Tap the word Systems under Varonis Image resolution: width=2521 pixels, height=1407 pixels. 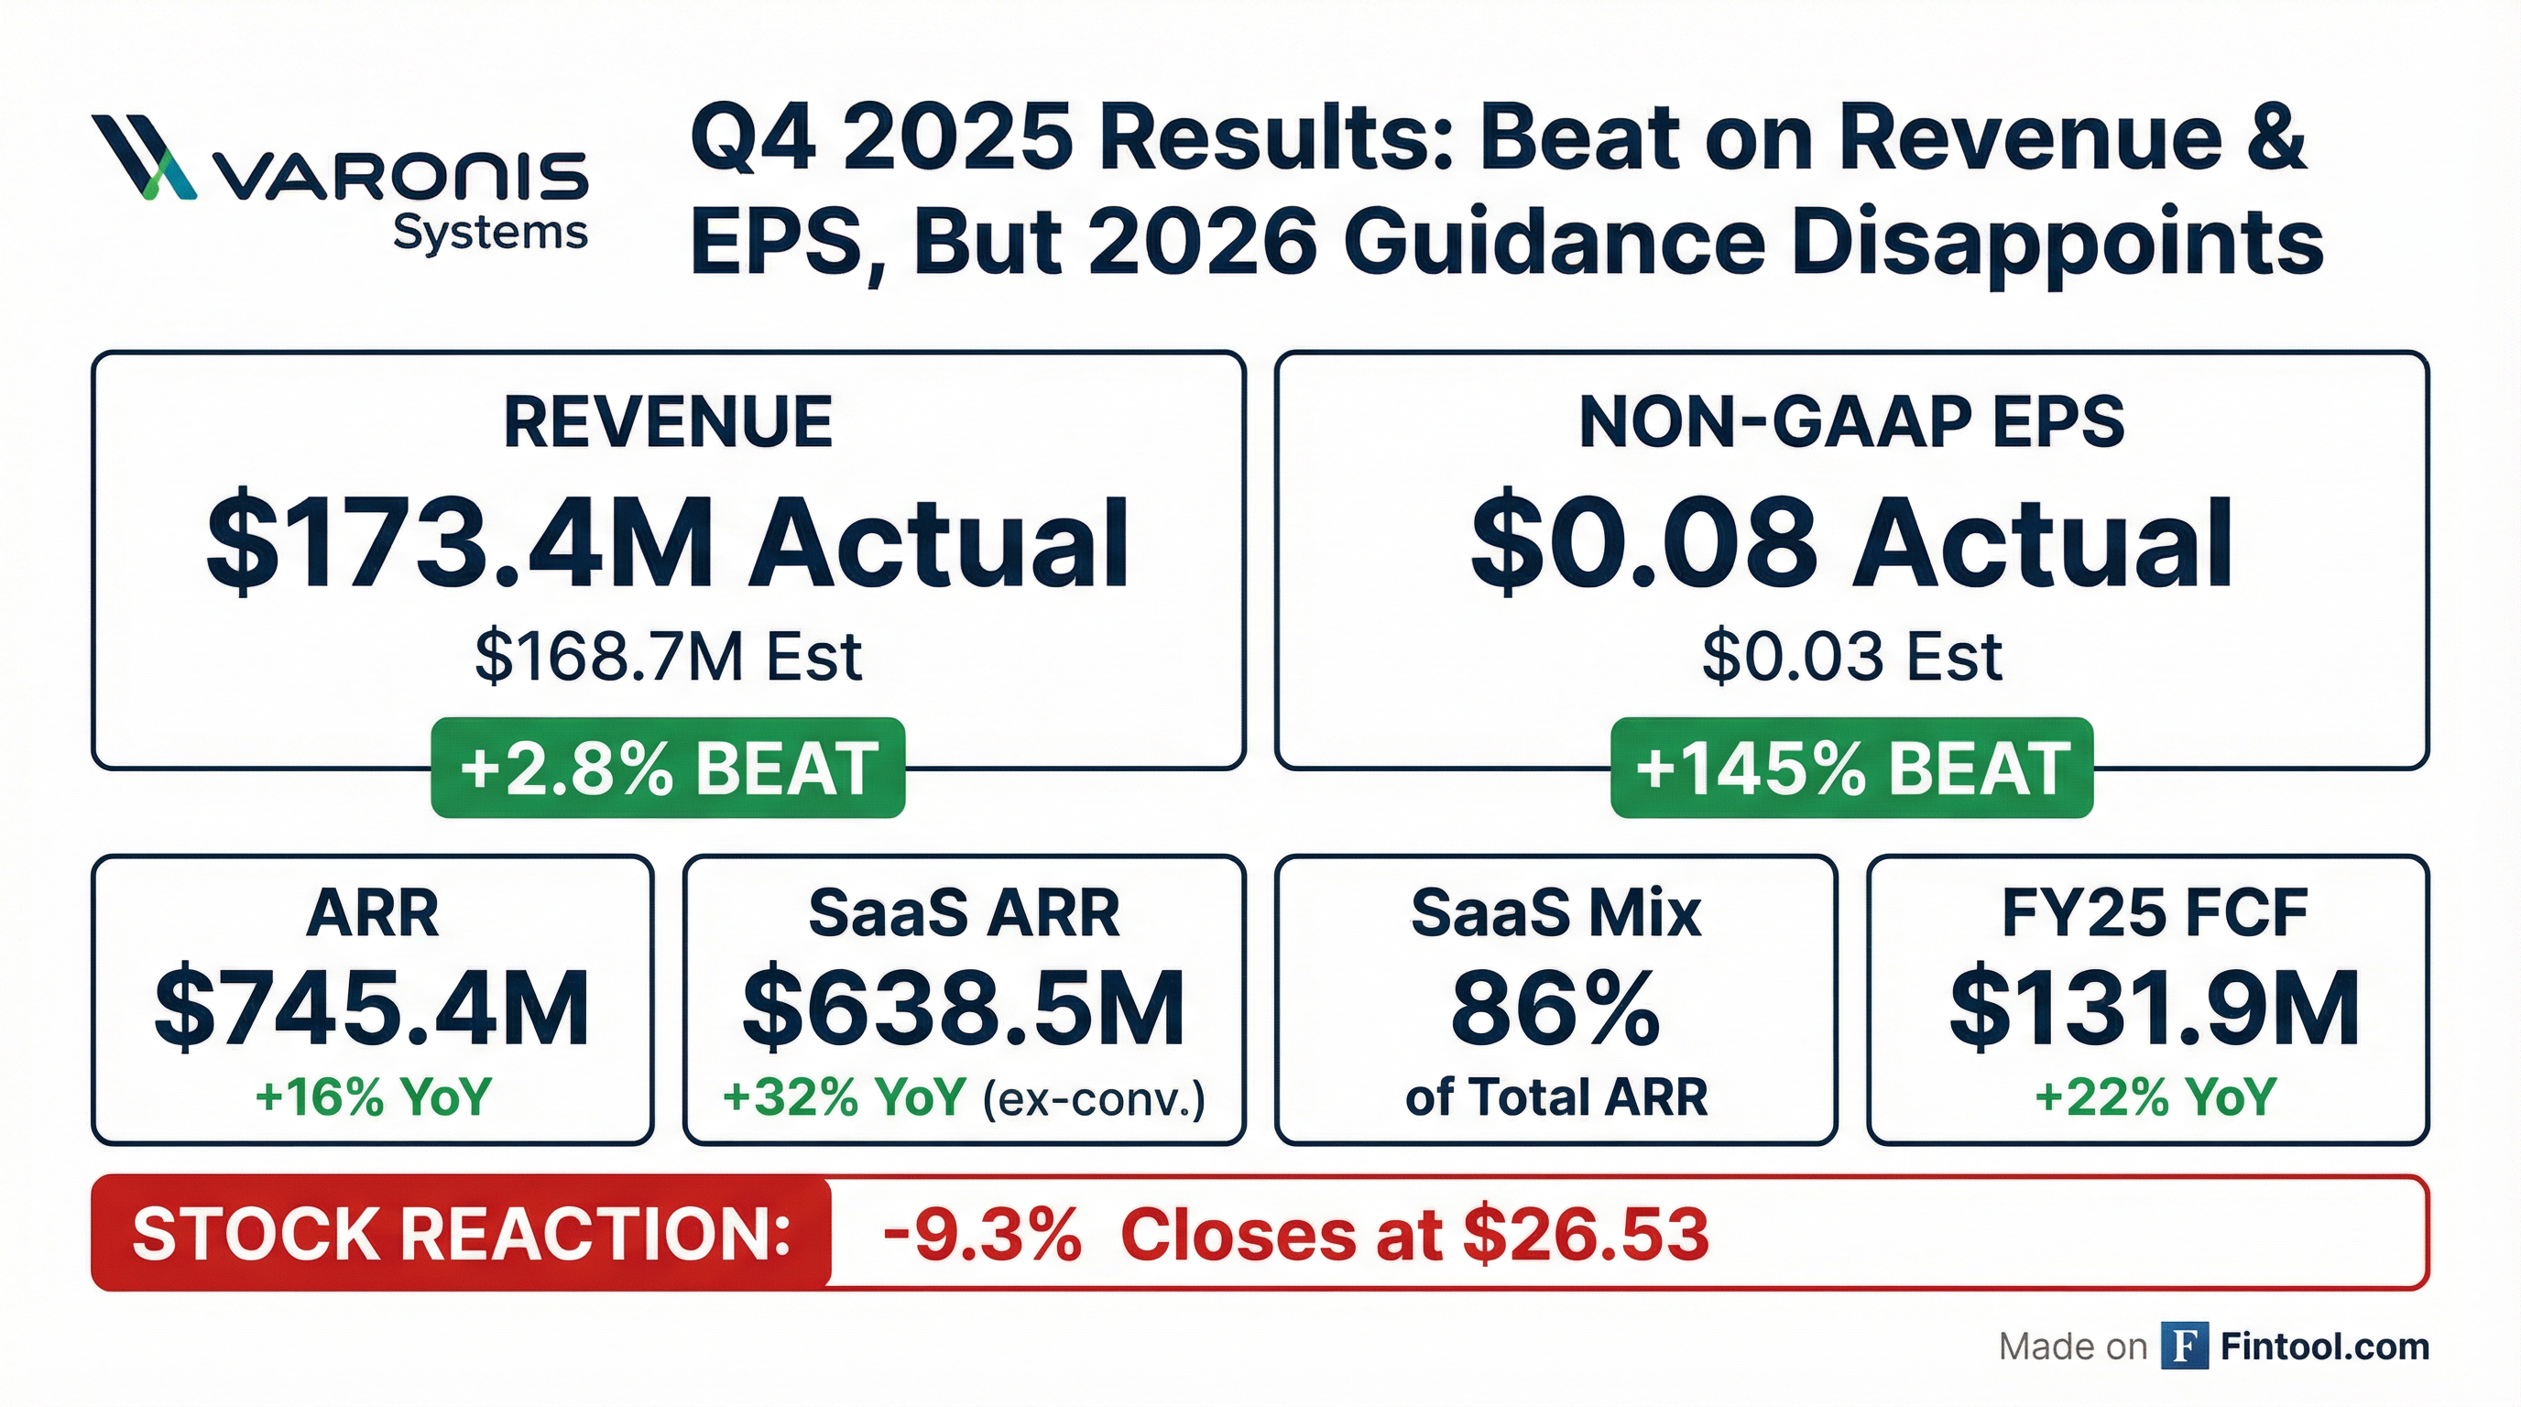click(x=489, y=234)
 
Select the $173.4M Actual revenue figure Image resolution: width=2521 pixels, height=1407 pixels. click(x=668, y=544)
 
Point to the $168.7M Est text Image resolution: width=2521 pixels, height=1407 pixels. click(x=668, y=657)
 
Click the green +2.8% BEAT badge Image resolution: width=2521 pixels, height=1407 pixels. click(x=668, y=768)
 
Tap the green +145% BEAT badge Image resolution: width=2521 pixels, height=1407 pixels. click(x=1851, y=768)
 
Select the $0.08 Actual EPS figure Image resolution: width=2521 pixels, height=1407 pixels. click(x=1851, y=544)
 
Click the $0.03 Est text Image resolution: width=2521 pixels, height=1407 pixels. click(x=1851, y=657)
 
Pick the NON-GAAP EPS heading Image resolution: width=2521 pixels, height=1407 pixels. click(x=1851, y=422)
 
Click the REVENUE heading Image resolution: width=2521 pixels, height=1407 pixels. click(x=668, y=422)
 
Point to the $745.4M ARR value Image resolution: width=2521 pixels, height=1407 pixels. click(x=372, y=1008)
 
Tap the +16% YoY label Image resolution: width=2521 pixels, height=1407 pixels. click(x=372, y=1096)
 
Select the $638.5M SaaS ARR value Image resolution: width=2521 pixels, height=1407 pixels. click(x=964, y=1008)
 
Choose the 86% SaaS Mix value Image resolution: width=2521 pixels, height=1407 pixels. click(x=1556, y=1008)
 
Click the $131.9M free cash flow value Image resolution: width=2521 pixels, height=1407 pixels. click(x=2154, y=1008)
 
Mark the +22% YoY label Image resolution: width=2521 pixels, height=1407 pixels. click(x=2154, y=1096)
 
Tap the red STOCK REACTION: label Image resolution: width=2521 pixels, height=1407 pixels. click(x=461, y=1233)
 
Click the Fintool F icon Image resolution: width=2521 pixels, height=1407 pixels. click(x=2184, y=1347)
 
